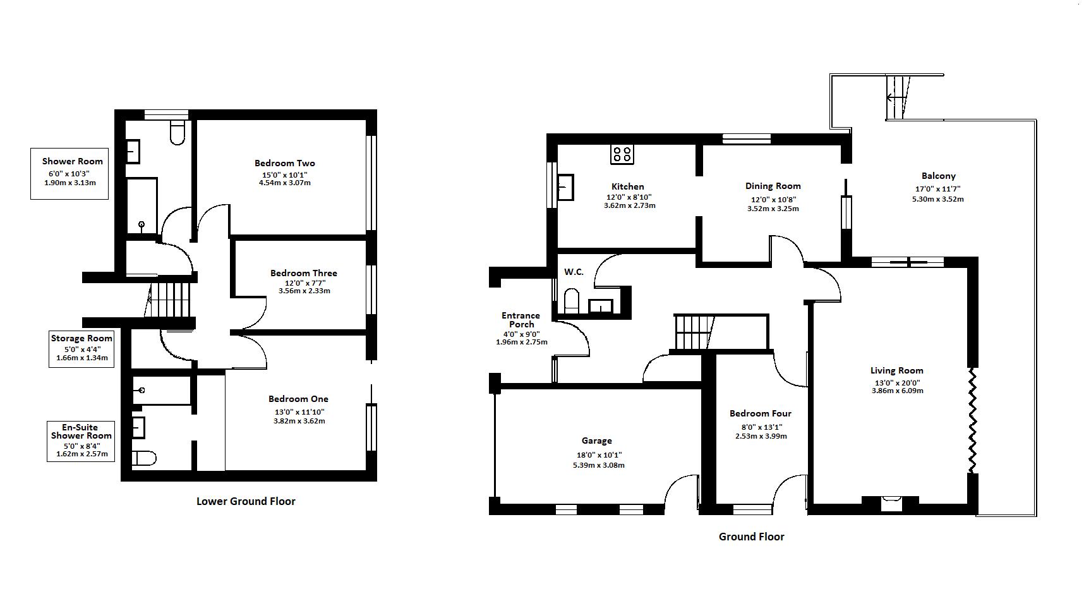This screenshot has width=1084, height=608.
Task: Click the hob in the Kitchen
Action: (622, 154)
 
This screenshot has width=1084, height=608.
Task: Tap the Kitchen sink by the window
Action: (565, 187)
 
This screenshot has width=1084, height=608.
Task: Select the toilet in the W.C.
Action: (571, 300)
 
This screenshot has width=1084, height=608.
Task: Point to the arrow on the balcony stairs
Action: (898, 98)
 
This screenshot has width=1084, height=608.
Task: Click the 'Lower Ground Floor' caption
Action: (246, 501)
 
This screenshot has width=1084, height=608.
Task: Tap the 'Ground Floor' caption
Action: (751, 537)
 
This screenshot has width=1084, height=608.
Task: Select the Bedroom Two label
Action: (285, 163)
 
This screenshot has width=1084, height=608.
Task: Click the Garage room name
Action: (596, 441)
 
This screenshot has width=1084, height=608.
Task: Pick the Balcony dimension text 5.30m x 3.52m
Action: (937, 199)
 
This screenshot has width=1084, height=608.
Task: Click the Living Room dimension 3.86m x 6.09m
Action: (896, 391)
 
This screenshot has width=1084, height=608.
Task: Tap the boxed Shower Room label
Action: (69, 174)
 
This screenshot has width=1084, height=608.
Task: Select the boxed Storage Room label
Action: (81, 348)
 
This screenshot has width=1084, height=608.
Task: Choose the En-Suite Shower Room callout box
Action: (81, 441)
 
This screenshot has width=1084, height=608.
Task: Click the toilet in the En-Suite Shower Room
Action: (144, 458)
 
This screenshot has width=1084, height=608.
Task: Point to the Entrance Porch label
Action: (521, 320)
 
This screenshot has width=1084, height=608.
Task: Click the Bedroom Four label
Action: (761, 413)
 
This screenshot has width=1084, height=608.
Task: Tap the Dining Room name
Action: (773, 186)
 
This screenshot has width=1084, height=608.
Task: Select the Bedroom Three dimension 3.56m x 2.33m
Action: (304, 291)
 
